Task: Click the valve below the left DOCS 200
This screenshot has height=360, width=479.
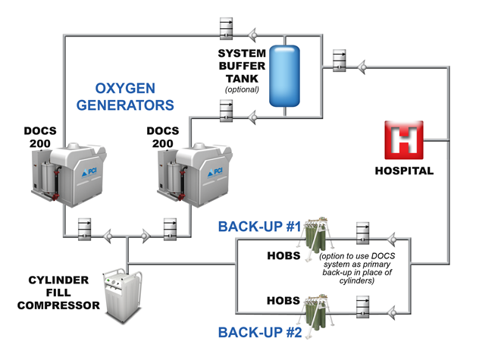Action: (83, 227)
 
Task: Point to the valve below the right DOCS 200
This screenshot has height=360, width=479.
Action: (170, 227)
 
